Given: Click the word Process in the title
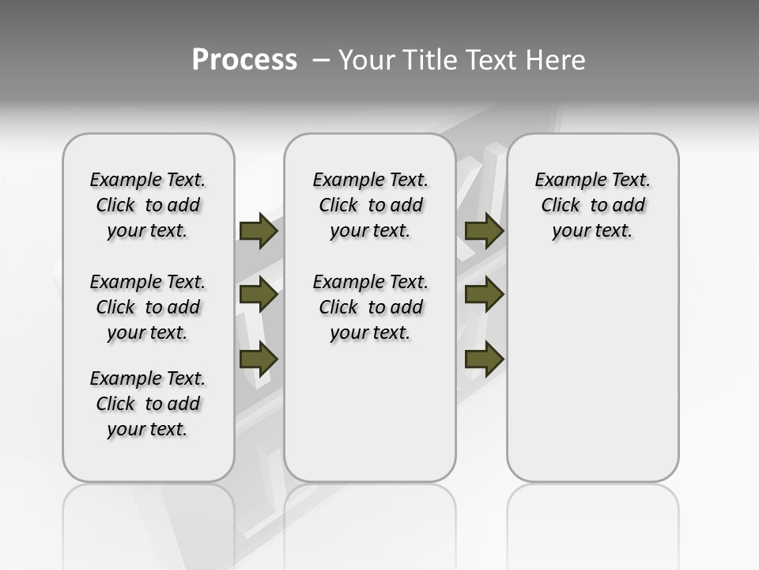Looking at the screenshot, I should click(244, 60).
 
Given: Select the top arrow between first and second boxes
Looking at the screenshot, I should click(259, 231).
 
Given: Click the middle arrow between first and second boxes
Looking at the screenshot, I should click(259, 295).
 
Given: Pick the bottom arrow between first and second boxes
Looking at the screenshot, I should click(259, 359).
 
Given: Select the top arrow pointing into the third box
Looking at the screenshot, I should click(484, 231).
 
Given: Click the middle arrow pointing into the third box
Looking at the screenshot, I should click(484, 295).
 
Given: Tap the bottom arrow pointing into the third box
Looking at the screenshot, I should click(484, 359).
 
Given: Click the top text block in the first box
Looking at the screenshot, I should click(148, 205).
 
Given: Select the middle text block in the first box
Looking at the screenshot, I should click(148, 307).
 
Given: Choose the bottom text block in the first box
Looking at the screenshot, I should click(148, 404).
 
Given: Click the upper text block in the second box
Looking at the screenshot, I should click(370, 205).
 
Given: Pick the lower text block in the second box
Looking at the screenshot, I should click(370, 307).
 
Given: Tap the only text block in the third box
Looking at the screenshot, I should click(593, 205).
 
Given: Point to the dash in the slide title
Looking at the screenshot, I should click(320, 60).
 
